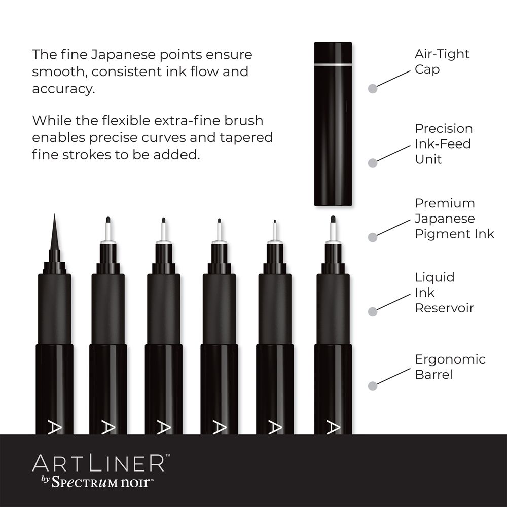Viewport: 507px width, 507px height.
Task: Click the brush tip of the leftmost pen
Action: point(54,232)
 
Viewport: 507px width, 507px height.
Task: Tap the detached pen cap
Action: point(333,124)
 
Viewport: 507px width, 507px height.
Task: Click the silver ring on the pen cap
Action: point(333,65)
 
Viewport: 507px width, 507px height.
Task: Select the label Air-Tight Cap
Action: point(442,61)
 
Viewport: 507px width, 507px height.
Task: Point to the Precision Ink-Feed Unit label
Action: point(444,143)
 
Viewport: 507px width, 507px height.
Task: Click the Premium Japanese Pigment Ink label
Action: point(454,218)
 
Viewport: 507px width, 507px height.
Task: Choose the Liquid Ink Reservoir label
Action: point(444,293)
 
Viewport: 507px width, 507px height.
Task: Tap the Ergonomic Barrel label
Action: point(450,367)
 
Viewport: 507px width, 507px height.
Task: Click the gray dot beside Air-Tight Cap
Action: point(373,88)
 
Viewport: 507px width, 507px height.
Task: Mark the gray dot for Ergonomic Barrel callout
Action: point(373,386)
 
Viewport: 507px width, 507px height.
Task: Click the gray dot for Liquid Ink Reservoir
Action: point(373,311)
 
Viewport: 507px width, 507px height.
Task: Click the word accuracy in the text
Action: point(64,89)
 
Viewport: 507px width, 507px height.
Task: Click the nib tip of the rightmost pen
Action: point(333,219)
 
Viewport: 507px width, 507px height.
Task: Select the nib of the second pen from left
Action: point(108,229)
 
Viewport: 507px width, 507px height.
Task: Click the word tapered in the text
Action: point(246,138)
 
